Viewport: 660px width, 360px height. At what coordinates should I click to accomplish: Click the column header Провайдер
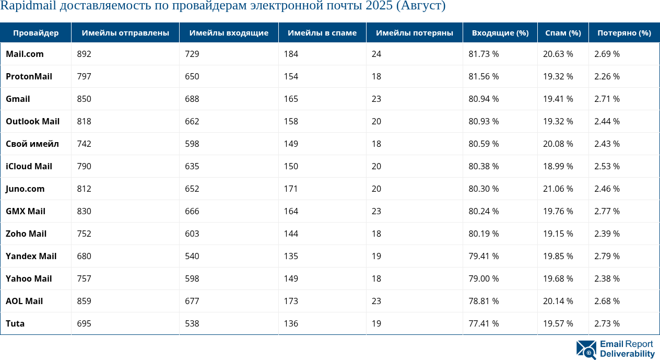(x=36, y=33)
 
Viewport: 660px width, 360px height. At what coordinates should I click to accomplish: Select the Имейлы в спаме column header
(x=322, y=33)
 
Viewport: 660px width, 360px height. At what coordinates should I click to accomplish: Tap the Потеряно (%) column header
(x=624, y=33)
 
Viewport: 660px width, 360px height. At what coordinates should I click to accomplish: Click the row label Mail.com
(x=25, y=54)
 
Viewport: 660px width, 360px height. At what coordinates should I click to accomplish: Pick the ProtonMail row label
(x=29, y=76)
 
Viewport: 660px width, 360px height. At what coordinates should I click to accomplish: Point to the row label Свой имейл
(x=32, y=144)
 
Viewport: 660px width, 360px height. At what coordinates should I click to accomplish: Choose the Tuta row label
(x=15, y=323)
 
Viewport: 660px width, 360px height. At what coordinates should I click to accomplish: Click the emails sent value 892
(x=84, y=54)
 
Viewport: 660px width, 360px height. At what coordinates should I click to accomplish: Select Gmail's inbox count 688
(x=192, y=99)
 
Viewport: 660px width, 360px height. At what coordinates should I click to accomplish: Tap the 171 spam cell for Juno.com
(x=291, y=189)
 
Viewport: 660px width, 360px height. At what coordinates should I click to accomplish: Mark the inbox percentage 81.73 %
(x=484, y=54)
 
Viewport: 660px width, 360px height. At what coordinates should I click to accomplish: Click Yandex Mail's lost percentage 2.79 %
(x=607, y=256)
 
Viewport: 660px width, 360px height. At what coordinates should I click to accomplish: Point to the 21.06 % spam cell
(x=558, y=189)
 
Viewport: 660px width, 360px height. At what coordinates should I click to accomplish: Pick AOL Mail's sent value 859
(x=84, y=301)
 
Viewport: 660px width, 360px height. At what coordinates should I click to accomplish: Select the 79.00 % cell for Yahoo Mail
(x=484, y=278)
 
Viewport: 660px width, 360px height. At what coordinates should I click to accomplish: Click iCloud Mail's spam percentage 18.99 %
(x=558, y=166)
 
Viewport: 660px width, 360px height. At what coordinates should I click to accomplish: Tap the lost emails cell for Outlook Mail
(x=376, y=121)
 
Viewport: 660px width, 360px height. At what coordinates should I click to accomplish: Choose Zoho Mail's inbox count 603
(x=192, y=234)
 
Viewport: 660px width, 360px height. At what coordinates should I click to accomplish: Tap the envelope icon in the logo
(x=586, y=350)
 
